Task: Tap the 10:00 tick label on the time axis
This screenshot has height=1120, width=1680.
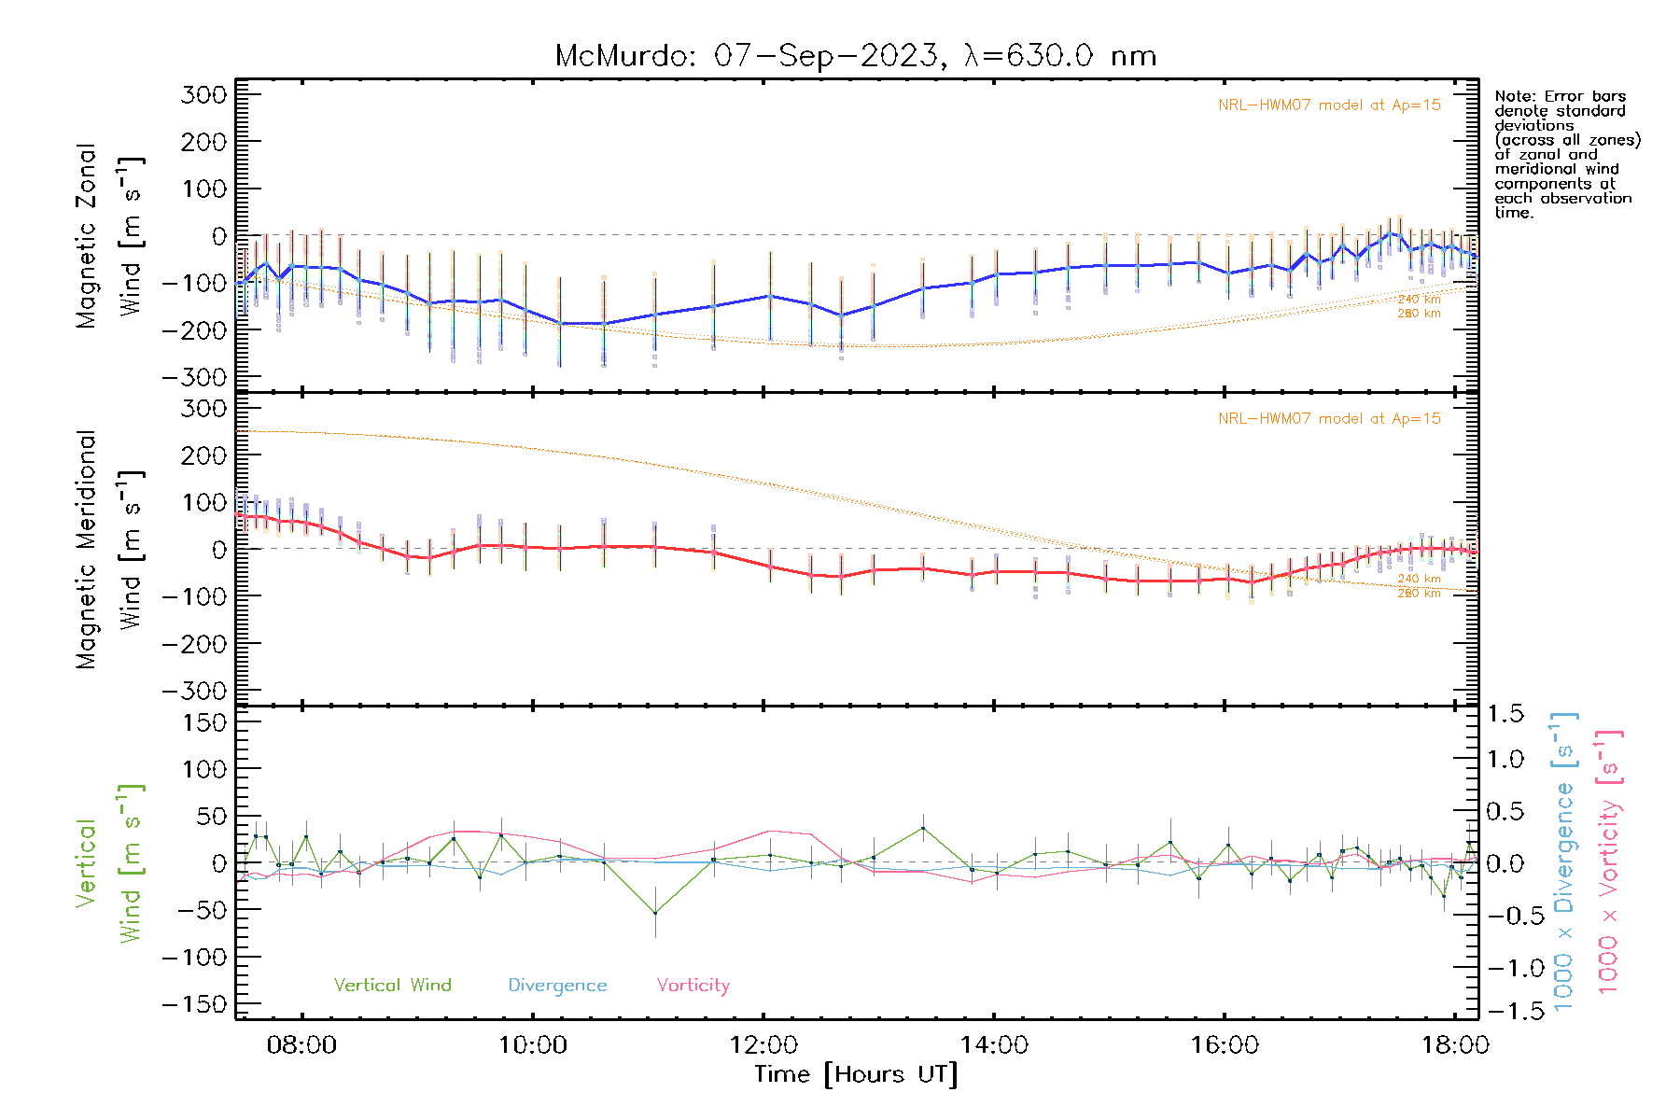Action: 532,1045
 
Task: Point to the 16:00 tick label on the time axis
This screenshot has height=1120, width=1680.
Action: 1225,1045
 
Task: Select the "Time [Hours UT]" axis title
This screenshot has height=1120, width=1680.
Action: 856,1074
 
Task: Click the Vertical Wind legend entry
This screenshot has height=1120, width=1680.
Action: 392,985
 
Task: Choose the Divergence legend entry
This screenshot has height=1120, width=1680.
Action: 557,986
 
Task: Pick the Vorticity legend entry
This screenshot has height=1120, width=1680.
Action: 693,985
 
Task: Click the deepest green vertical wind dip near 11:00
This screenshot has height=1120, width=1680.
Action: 655,913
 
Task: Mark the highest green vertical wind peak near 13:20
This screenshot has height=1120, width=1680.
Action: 923,828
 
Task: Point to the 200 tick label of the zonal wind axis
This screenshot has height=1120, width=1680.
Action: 204,142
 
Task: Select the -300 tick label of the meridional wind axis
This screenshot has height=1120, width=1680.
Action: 194,691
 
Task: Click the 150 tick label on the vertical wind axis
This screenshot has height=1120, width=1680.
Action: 204,722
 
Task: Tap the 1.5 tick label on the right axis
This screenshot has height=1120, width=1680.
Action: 1505,714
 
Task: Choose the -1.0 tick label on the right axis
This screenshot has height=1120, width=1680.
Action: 1505,968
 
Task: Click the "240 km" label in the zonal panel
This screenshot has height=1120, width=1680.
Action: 1419,300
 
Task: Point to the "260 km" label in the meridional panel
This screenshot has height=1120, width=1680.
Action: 1419,594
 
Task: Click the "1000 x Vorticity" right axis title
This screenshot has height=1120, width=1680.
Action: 1609,863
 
